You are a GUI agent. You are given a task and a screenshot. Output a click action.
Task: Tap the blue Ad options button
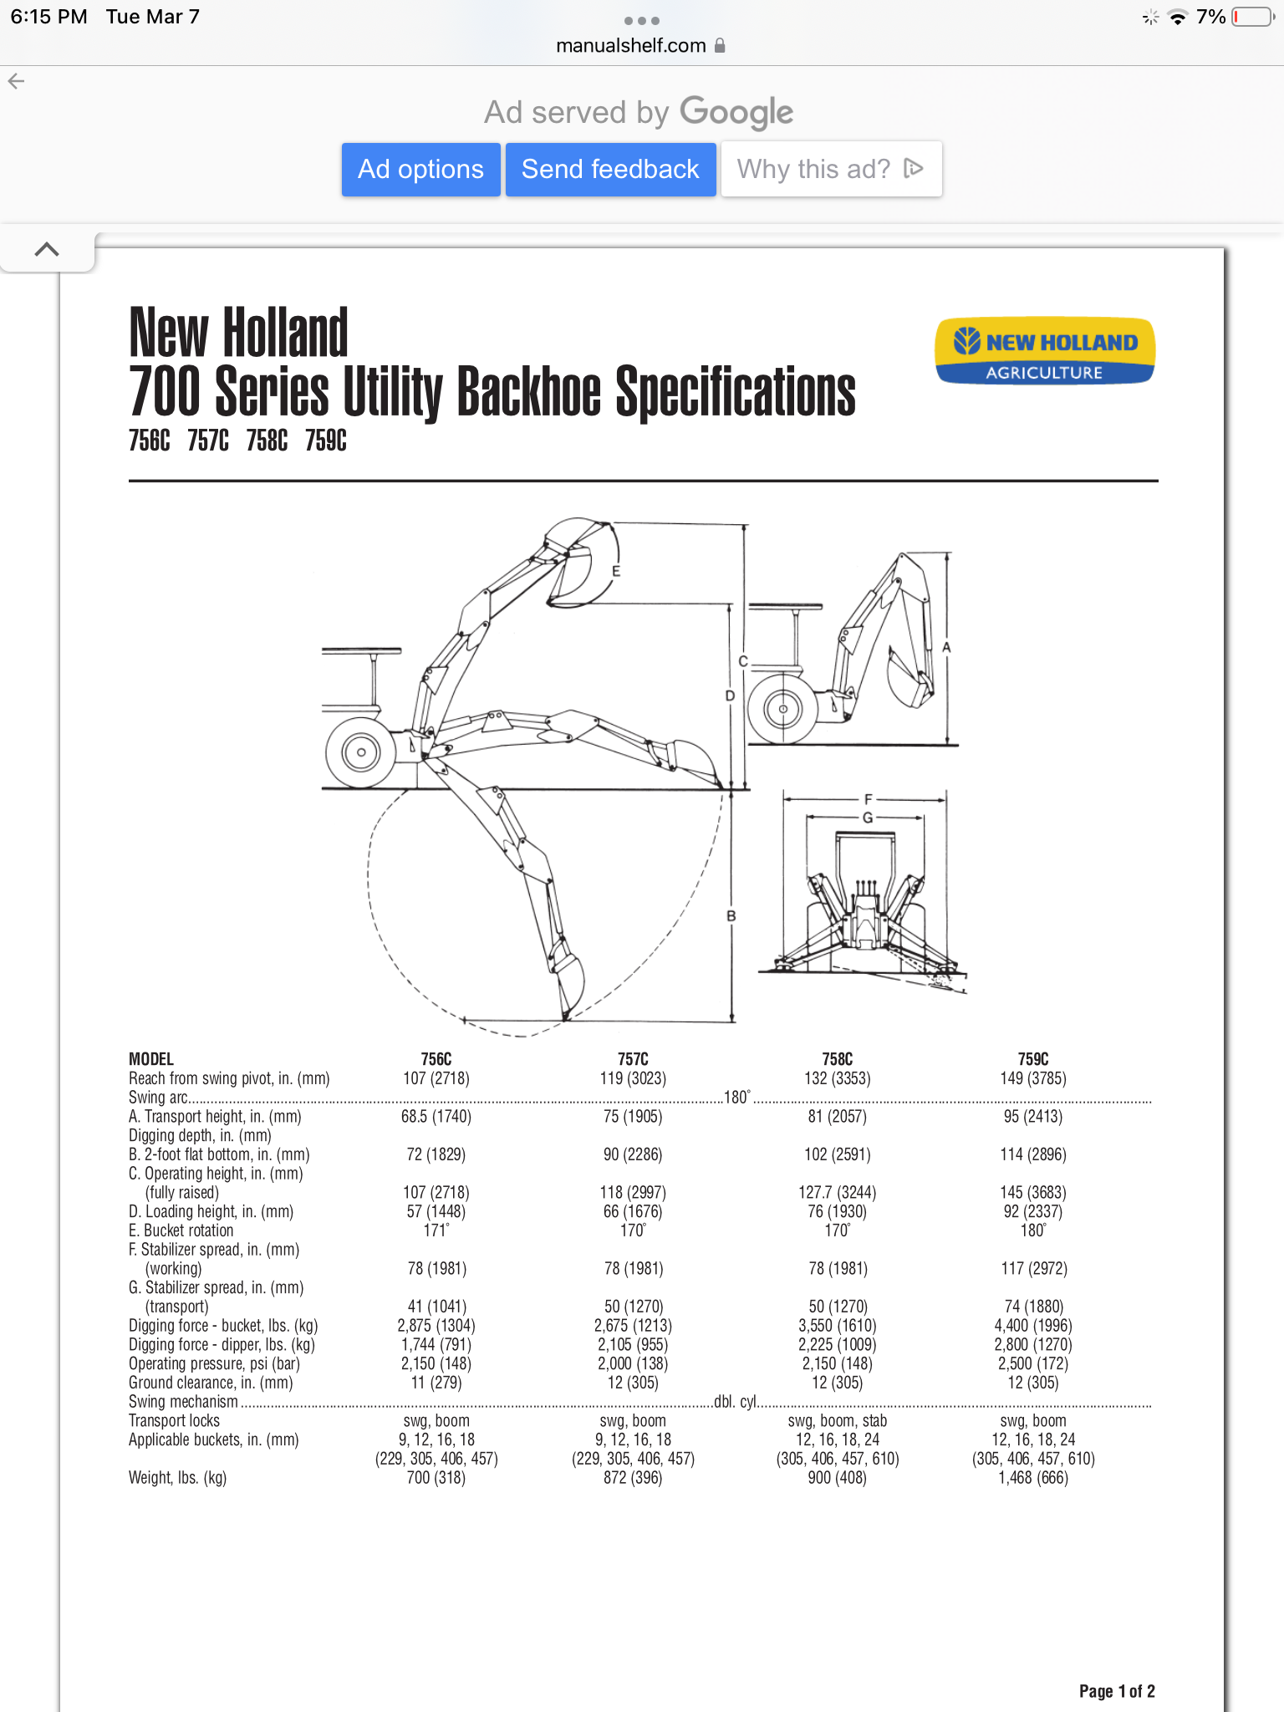[420, 170]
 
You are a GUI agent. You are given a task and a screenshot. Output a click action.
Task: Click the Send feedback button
[610, 170]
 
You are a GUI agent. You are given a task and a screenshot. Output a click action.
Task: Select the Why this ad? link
[830, 170]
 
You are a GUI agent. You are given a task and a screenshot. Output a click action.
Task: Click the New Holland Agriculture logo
[1045, 351]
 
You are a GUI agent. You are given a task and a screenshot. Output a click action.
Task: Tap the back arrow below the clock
[16, 81]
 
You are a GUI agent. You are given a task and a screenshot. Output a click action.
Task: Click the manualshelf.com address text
[631, 46]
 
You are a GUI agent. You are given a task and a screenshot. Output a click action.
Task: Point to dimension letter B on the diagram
[731, 916]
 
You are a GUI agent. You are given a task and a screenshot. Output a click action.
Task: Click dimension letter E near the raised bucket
[616, 572]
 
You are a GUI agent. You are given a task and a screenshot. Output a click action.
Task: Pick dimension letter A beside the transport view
[946, 648]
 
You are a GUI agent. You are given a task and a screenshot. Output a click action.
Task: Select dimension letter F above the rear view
[868, 800]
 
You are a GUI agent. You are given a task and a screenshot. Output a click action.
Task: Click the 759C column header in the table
[1033, 1059]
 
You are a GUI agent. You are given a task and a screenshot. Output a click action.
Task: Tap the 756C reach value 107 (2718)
[436, 1078]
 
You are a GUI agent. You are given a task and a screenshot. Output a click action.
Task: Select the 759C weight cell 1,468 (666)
[1033, 1478]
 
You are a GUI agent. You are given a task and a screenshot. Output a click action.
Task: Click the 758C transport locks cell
[838, 1421]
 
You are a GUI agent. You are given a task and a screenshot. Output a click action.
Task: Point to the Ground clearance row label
[211, 1383]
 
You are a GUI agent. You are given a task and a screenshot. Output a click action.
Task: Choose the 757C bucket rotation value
[633, 1230]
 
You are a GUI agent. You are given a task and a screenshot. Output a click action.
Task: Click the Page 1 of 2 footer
[1117, 1691]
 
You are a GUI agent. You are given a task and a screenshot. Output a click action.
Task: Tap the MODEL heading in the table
[151, 1059]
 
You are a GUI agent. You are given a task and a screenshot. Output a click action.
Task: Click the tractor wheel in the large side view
[361, 752]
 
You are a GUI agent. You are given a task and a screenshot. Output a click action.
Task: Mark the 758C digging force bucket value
[838, 1326]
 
